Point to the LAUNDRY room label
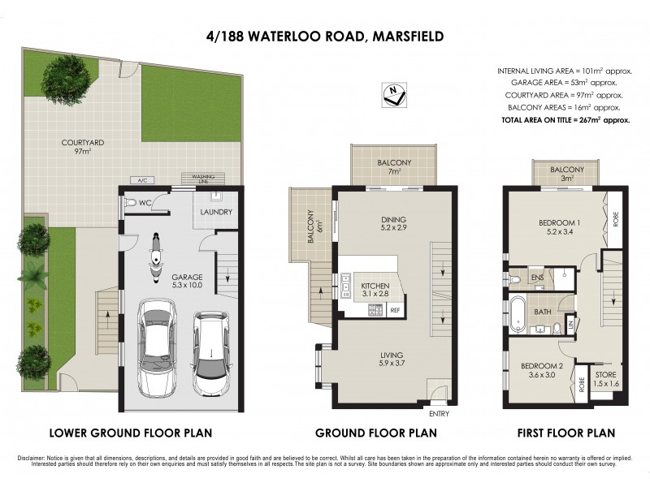[x=217, y=213]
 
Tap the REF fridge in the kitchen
[x=395, y=310]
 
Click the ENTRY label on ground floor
[x=438, y=412]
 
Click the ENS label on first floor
[x=537, y=278]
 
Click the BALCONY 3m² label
[x=567, y=174]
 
